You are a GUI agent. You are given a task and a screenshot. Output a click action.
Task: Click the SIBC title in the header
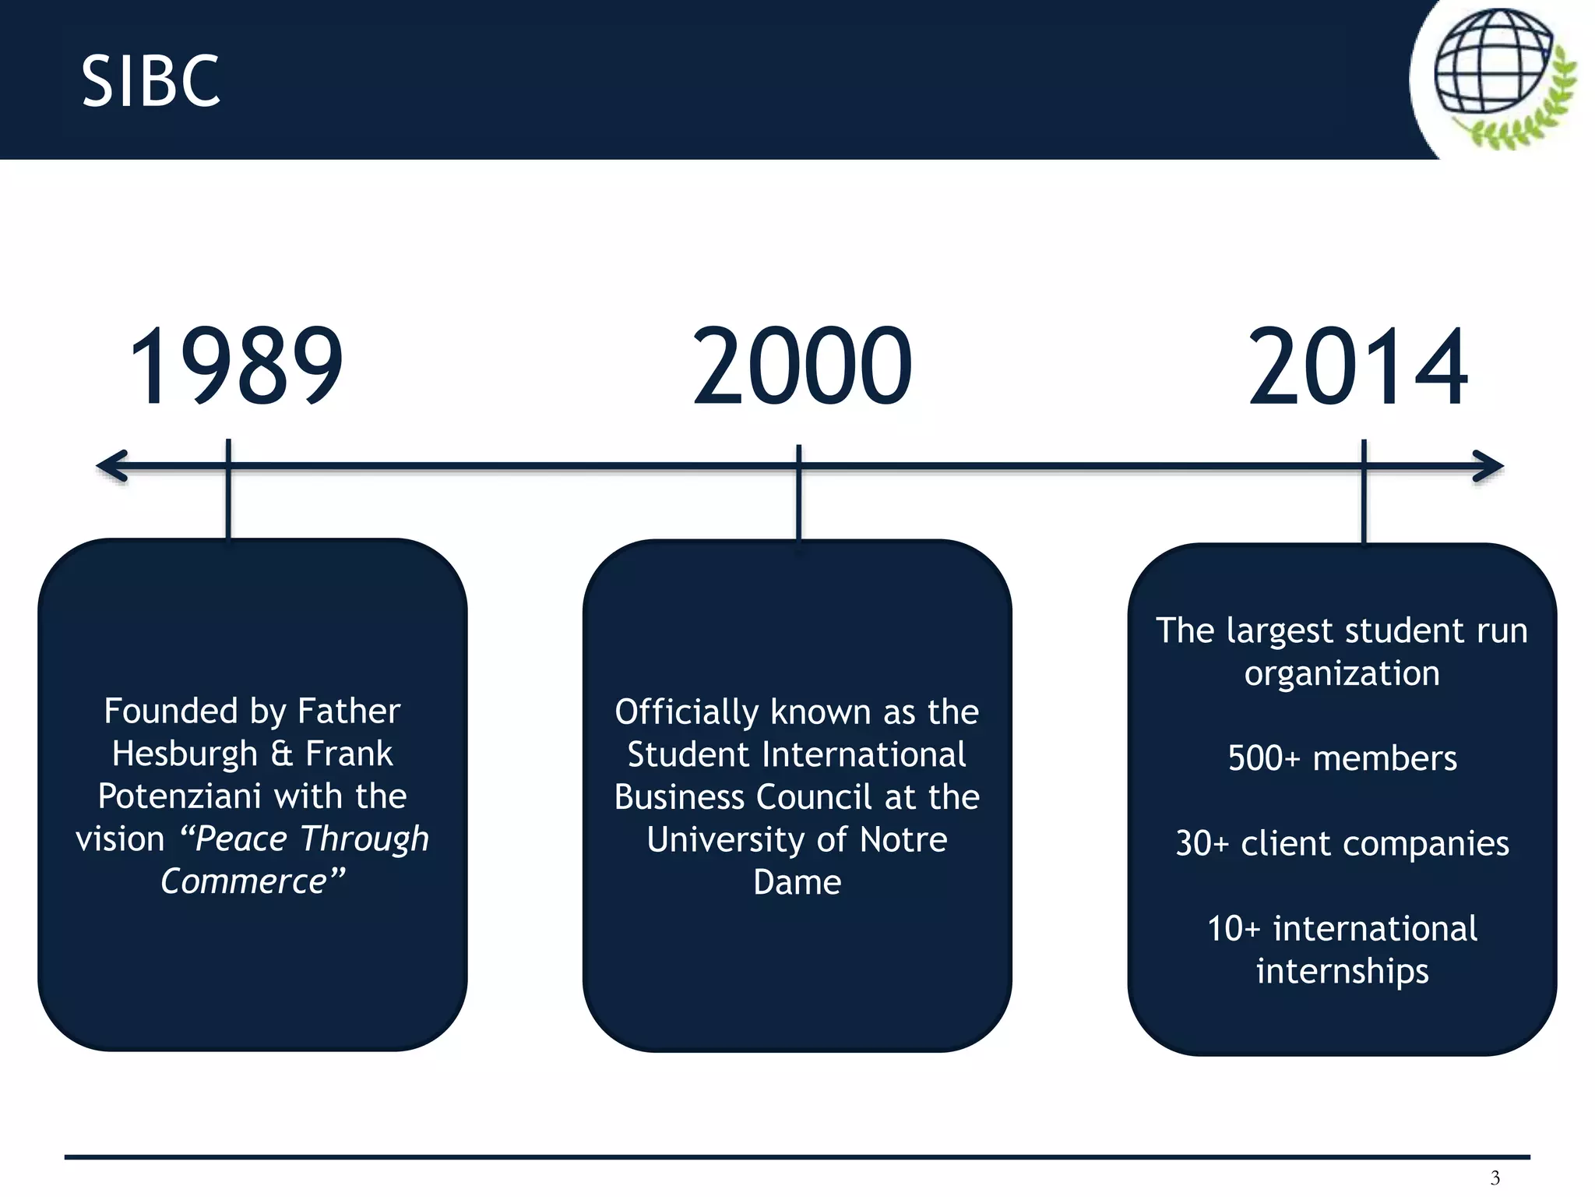(151, 81)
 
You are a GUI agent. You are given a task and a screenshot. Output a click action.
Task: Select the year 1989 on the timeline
(236, 366)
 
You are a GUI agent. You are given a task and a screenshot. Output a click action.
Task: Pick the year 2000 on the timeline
(802, 366)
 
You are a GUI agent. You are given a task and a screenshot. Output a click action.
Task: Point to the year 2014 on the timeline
(1357, 366)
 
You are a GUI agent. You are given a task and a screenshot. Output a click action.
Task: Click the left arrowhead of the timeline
(112, 466)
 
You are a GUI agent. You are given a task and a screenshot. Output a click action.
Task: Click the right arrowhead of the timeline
(1487, 466)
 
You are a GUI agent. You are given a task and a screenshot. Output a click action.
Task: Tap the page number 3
(1495, 1178)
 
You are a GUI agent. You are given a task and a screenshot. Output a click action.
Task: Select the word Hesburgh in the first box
(185, 754)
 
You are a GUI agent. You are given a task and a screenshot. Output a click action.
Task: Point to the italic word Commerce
(244, 881)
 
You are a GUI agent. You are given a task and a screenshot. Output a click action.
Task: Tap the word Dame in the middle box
(797, 882)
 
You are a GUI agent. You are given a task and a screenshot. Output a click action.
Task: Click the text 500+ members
(1342, 758)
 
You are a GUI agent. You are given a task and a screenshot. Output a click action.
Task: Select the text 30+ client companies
(1342, 843)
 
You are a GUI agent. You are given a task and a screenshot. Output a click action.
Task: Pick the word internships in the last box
(1342, 971)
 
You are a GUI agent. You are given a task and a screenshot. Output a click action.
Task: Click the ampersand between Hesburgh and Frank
(282, 754)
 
